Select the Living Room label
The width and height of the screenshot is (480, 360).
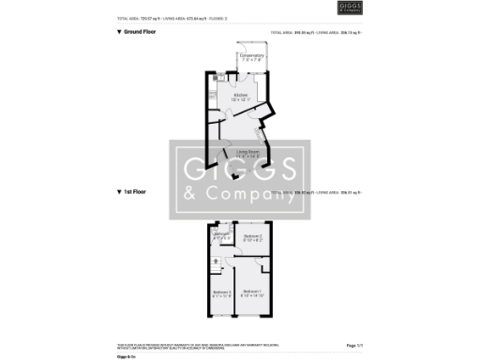coord(247,152)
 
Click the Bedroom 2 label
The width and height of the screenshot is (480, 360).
coord(252,237)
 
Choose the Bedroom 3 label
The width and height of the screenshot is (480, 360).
coord(222,294)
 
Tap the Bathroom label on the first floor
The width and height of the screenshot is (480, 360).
coord(221,236)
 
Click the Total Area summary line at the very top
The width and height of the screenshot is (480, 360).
coord(174,18)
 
